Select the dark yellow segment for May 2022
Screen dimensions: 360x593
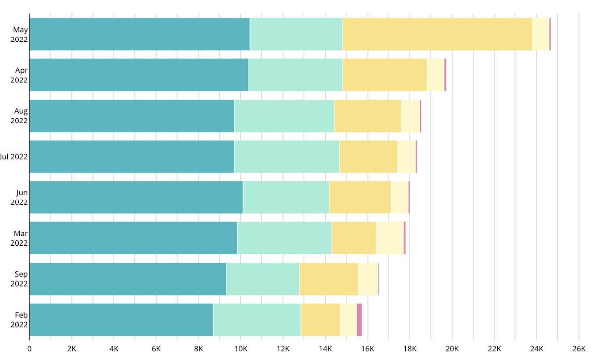coord(437,34)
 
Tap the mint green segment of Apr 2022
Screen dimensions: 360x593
coord(296,75)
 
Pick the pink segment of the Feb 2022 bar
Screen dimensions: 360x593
coord(359,320)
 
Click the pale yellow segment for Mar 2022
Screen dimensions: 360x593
coord(389,238)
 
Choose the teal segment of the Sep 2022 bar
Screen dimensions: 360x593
coord(127,279)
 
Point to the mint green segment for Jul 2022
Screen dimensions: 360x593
coord(287,157)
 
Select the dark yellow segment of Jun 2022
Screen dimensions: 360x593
coord(360,197)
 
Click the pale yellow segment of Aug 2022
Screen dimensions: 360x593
coord(410,116)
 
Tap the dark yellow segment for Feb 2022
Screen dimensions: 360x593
coord(320,320)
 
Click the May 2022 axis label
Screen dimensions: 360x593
coord(19,34)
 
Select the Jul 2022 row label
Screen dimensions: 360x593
coord(14,157)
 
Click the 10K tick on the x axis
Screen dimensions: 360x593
coord(241,349)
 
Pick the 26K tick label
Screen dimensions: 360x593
coord(579,349)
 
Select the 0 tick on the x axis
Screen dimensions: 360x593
coord(29,349)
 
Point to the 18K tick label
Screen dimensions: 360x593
coord(410,349)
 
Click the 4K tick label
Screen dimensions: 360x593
coord(114,349)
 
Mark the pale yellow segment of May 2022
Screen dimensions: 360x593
coord(541,34)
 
